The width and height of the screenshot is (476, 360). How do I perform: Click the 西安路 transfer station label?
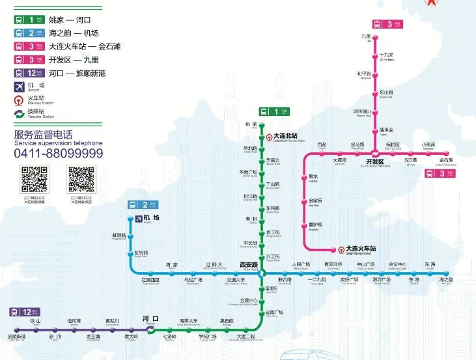click(x=249, y=265)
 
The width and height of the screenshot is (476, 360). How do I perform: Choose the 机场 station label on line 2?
click(x=152, y=217)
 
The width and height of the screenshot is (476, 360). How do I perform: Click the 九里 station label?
click(x=366, y=36)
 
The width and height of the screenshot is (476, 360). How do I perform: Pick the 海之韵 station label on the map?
click(x=446, y=280)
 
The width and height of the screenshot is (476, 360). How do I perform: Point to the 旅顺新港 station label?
click(x=16, y=337)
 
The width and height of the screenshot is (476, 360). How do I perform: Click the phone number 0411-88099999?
click(x=59, y=153)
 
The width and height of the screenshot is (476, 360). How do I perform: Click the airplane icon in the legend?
click(x=19, y=87)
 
